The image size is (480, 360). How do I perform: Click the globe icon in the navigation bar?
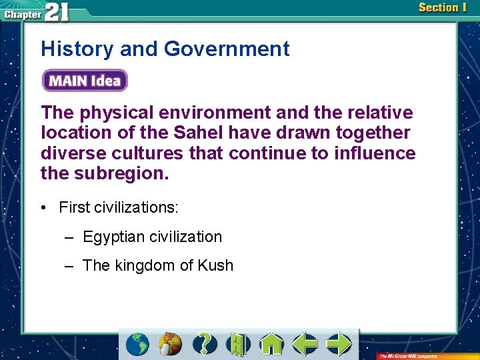138,344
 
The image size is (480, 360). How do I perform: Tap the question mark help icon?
205,344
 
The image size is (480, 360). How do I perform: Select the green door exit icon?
238,344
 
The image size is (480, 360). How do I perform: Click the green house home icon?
271,344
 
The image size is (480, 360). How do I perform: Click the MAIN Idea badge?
85,81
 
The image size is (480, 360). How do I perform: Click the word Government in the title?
227,49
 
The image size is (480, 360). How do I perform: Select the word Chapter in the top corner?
22,13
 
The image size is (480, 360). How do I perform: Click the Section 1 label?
443,8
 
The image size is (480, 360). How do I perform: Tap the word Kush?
215,265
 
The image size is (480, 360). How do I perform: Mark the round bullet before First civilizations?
42,208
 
